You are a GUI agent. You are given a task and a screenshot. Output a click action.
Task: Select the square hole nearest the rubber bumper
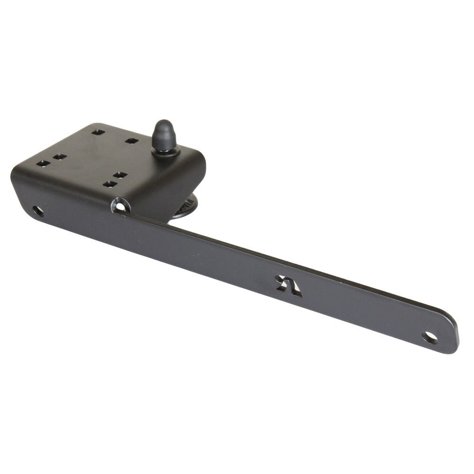pyautogui.click(x=131, y=140)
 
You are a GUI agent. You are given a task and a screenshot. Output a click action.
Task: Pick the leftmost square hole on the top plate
pyautogui.click(x=43, y=164)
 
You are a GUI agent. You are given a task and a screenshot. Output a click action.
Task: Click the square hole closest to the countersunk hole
pyautogui.click(x=110, y=183)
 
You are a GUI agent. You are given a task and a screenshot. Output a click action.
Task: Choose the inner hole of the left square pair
pyautogui.click(x=59, y=156)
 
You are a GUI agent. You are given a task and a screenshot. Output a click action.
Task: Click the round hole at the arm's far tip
pyautogui.click(x=430, y=337)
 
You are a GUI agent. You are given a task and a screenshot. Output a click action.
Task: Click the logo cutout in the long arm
pyautogui.click(x=289, y=286)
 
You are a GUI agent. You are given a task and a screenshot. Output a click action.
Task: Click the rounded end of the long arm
pyautogui.click(x=450, y=337)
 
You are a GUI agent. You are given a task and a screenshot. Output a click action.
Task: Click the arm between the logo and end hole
pyautogui.click(x=365, y=313)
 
